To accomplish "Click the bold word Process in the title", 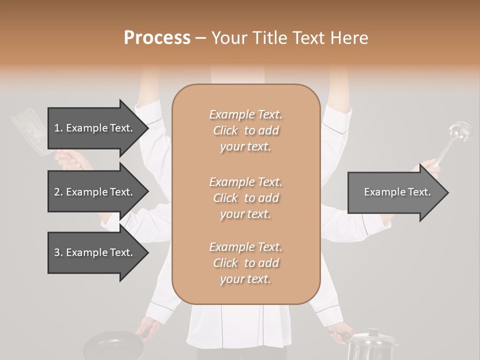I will (157, 38).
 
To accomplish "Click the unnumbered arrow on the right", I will (397, 192).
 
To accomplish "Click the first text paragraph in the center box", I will (245, 130).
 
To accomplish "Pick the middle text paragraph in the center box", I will (245, 198).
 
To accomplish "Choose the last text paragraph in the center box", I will (245, 263).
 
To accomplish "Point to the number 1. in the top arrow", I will (58, 128).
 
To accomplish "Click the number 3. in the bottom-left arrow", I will (58, 252).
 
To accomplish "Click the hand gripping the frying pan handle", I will (148, 328).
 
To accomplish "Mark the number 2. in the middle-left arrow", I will (58, 192).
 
